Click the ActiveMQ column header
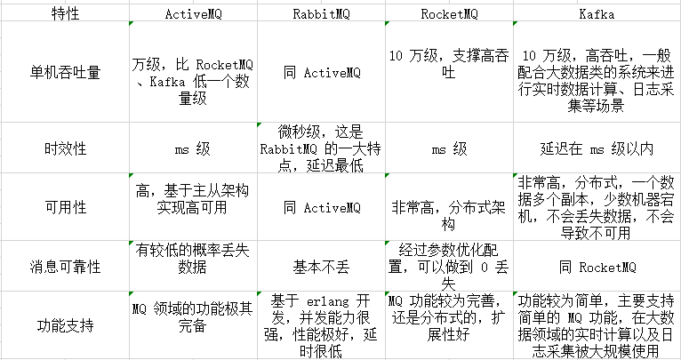tap(193, 14)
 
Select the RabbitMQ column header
tap(322, 14)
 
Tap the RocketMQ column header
tap(449, 14)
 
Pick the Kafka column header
tap(597, 14)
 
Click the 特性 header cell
tap(65, 14)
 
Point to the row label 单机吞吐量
tap(65, 72)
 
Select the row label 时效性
tap(65, 149)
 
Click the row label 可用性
tap(65, 208)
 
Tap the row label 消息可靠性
tap(65, 267)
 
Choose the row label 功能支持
tap(65, 325)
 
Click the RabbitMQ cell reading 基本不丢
tap(322, 267)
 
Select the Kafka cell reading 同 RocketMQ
tap(597, 267)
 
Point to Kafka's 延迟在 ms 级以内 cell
tap(597, 149)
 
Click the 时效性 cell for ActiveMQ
tap(193, 149)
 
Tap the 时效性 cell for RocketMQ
tap(449, 149)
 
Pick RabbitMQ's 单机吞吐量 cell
tap(322, 73)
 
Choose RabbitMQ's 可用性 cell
tap(322, 208)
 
